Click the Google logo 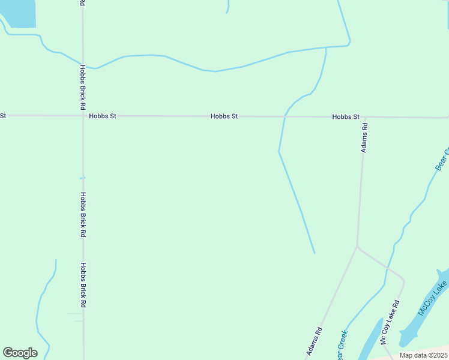(20, 353)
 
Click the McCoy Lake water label (433, 298)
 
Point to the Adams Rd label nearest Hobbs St (364, 138)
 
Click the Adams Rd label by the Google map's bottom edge (314, 341)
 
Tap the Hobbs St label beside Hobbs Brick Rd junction (102, 116)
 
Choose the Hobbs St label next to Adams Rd (346, 117)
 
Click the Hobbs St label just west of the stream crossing (224, 116)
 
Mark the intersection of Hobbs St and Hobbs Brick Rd (83, 115)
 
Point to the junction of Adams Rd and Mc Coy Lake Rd (358, 246)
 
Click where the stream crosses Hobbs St (284, 116)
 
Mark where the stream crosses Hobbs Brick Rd (83, 64)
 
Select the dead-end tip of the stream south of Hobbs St (314, 253)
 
